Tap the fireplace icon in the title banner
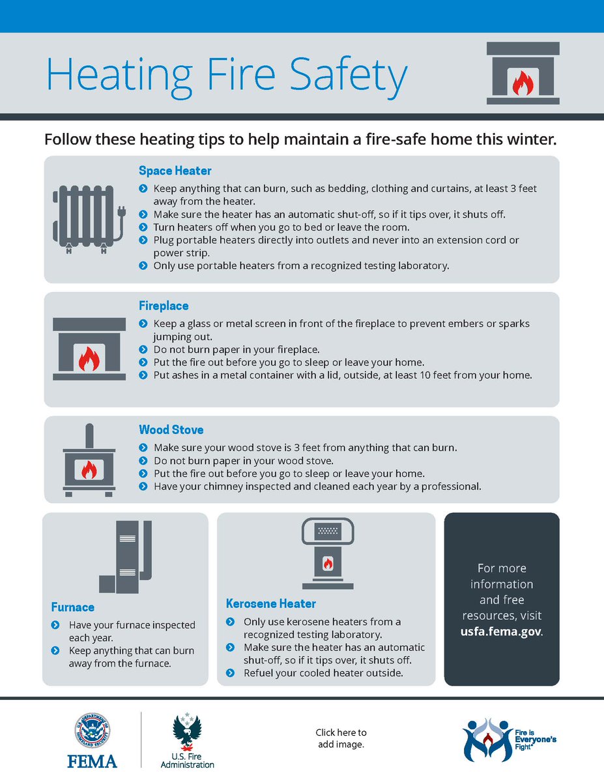pos(523,74)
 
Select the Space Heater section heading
pos(175,171)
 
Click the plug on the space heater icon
pos(120,213)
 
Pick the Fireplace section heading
pos(164,306)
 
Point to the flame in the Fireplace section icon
pos(88,358)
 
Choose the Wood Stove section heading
pos(171,430)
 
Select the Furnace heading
pos(73,607)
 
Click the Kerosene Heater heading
pos(270,603)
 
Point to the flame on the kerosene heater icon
pos(328,561)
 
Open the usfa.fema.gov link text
pos(500,631)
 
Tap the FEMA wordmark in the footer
pos(93,761)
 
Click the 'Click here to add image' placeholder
pos(341,738)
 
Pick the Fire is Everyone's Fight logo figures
pos(487,740)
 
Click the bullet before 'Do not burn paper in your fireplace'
pos(143,349)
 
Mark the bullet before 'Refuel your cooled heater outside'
pos(230,673)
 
